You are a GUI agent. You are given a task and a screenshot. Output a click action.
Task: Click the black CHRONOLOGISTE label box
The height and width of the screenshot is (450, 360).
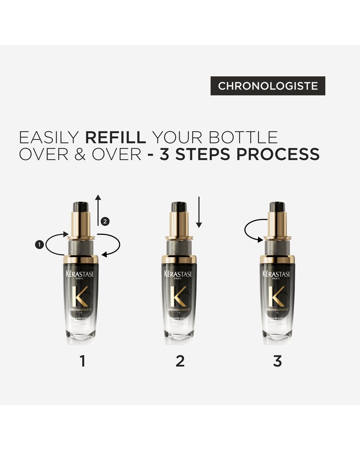[268, 86]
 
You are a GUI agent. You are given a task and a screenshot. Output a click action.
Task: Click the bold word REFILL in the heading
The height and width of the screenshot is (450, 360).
[115, 137]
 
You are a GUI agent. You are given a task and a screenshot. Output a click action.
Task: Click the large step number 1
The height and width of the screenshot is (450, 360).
[83, 361]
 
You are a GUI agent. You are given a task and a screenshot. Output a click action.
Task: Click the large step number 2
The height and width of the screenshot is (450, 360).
[180, 361]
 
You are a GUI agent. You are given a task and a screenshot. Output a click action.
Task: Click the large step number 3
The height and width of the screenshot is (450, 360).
[277, 361]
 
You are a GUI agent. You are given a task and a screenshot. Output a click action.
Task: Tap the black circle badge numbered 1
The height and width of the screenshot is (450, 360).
[39, 245]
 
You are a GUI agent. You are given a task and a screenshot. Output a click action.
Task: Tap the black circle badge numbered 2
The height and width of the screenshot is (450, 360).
[106, 222]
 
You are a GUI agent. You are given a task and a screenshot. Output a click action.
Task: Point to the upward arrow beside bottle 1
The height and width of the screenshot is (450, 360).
[98, 210]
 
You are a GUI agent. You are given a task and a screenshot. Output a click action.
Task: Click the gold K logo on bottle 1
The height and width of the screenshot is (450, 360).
[81, 296]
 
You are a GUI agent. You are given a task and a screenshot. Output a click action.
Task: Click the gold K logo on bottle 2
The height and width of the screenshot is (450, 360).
[178, 296]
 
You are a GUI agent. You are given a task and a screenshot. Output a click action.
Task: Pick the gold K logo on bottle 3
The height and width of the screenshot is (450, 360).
[277, 296]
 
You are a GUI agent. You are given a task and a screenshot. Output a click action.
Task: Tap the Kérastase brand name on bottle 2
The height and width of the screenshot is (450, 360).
[178, 274]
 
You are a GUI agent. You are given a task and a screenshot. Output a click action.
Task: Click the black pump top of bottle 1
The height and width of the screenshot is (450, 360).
[81, 207]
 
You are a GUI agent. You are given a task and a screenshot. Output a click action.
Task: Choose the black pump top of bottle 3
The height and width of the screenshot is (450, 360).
[277, 207]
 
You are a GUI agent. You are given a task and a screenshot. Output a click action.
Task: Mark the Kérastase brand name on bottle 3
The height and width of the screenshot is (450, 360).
[277, 274]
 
